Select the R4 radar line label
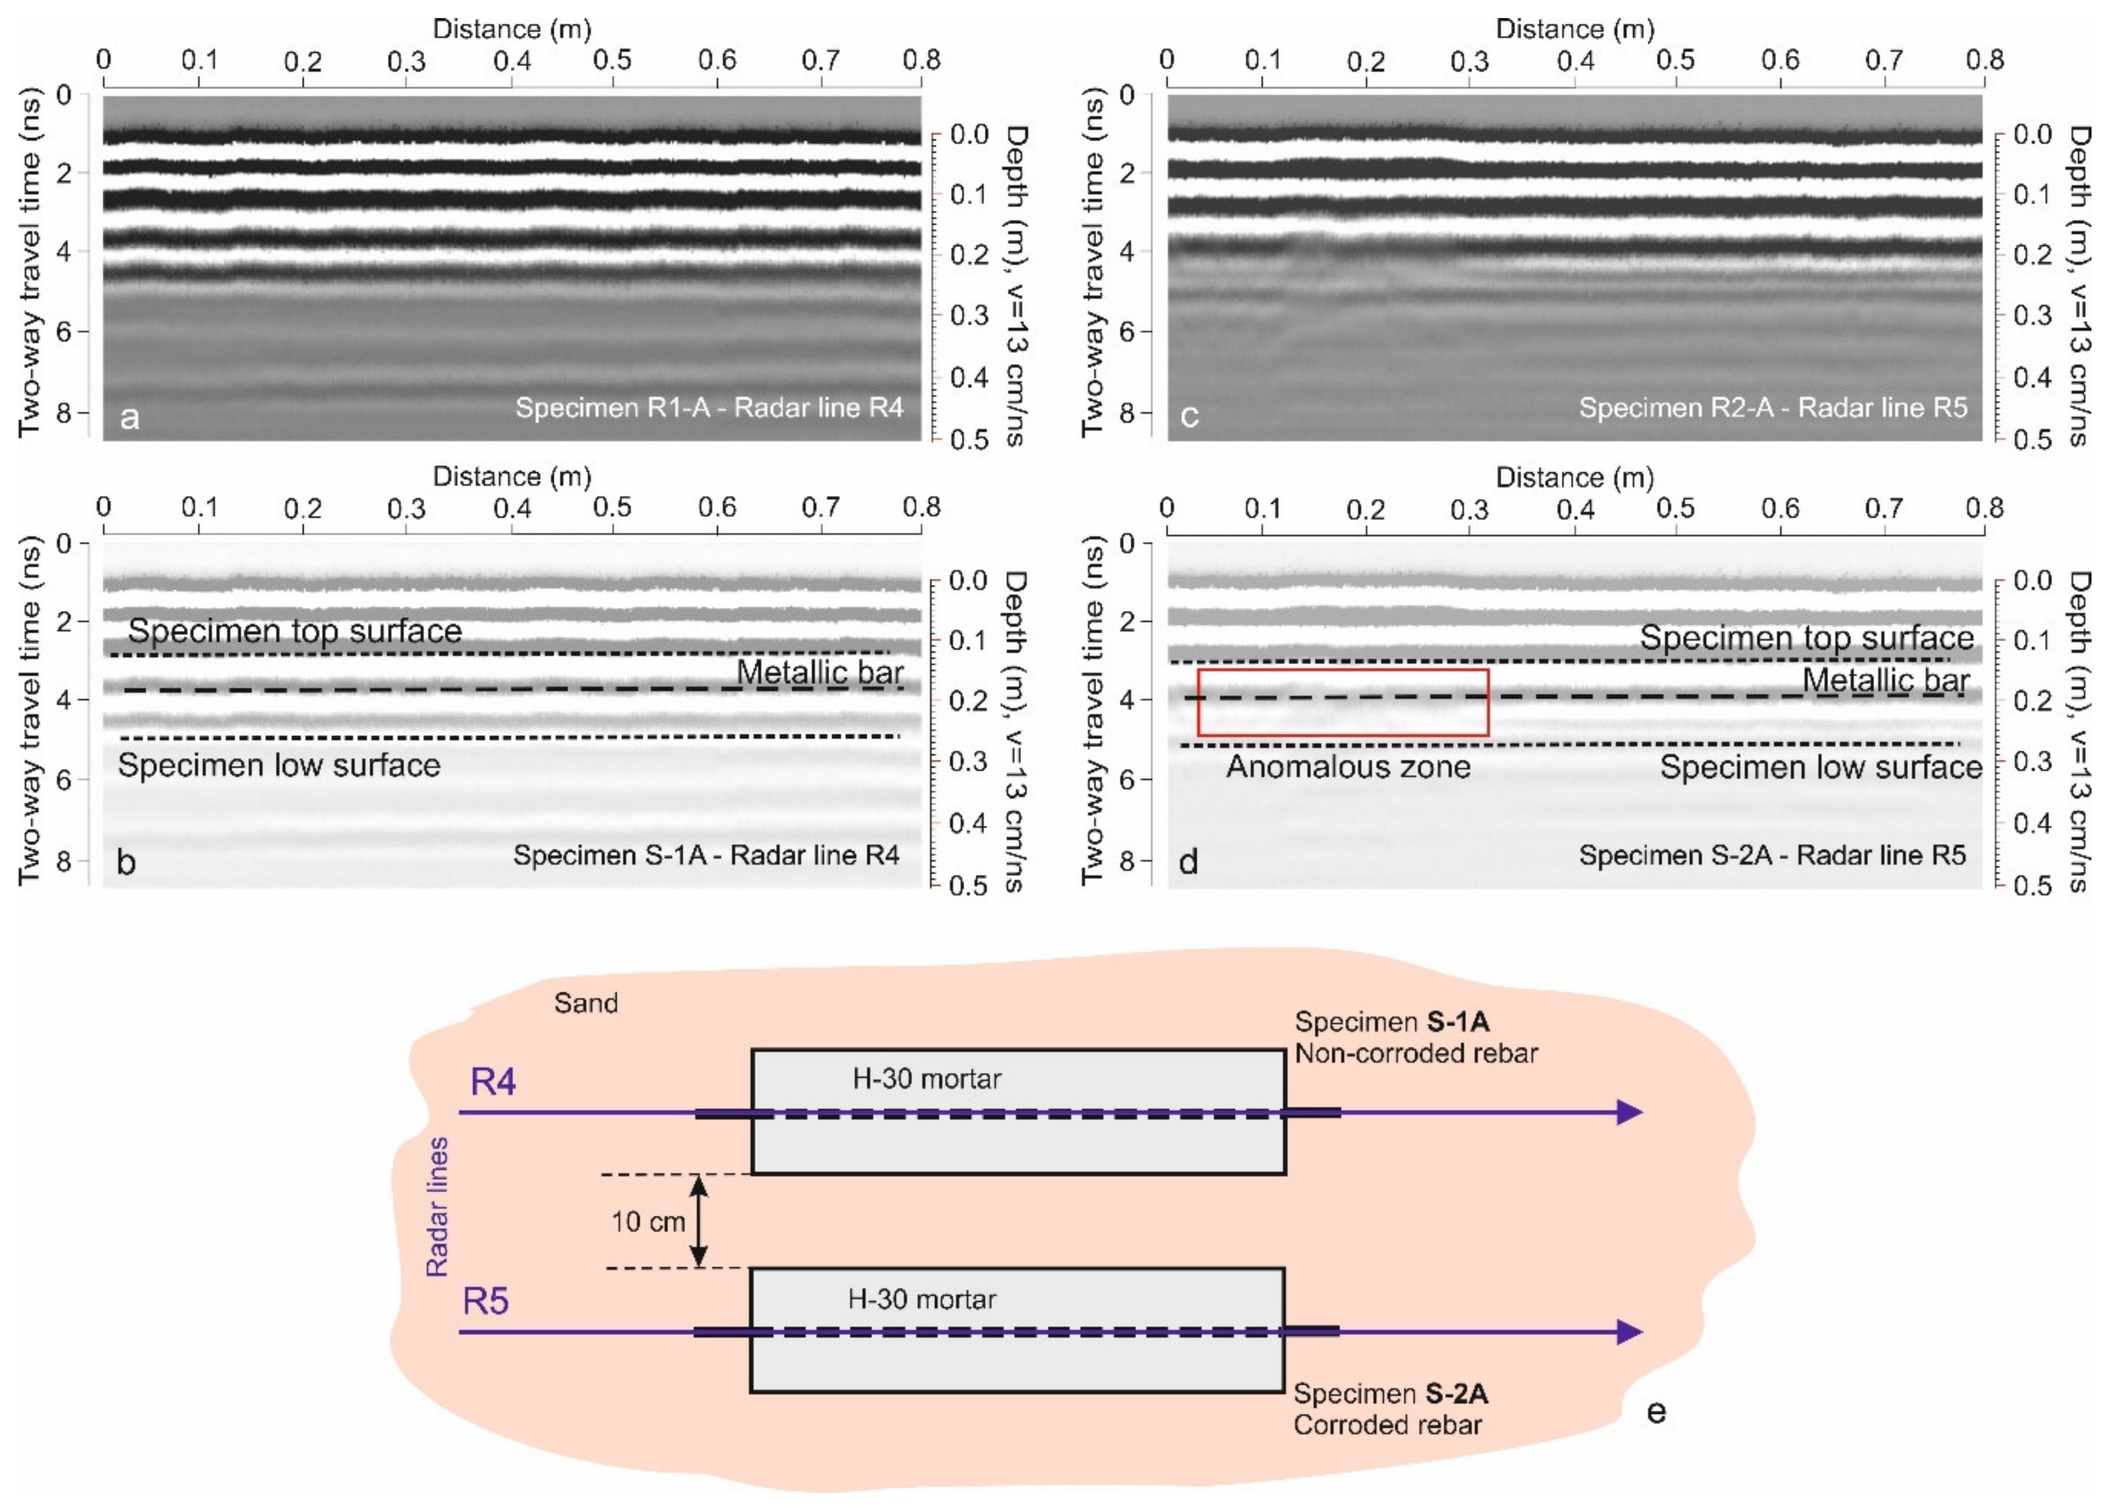tap(493, 1082)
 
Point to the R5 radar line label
tap(485, 1301)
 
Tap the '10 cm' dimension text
tap(647, 1221)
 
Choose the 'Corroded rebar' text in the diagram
tap(1387, 1424)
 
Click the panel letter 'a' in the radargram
tap(129, 417)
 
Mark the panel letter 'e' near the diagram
tap(1656, 1412)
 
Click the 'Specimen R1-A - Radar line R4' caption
tap(709, 408)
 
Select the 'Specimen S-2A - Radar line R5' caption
tap(1772, 855)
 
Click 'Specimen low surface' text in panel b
tap(278, 766)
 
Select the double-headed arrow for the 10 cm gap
tap(700, 1221)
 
